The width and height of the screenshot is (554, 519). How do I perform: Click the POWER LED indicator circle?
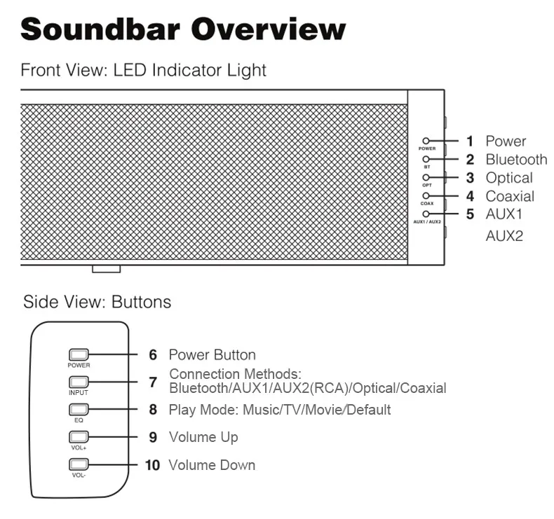[426, 141]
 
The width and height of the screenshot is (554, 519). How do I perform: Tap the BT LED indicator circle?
[426, 160]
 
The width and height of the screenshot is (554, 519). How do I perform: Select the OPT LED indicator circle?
[426, 178]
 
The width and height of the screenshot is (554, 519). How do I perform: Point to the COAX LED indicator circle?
[426, 196]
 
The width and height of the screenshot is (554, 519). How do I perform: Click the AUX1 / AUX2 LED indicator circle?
[426, 214]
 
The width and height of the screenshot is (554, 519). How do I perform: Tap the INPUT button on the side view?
[78, 382]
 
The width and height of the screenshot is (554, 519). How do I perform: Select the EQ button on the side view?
[78, 409]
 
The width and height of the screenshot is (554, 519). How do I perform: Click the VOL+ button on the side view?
[78, 437]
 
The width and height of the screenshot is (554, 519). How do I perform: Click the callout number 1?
[470, 141]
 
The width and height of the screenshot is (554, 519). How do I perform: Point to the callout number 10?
[152, 465]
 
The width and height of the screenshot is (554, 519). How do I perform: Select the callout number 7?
[153, 382]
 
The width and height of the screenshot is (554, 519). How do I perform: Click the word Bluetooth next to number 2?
[516, 160]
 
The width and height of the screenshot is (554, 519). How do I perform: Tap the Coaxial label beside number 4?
[510, 196]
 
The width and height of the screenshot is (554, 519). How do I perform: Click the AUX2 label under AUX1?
[504, 236]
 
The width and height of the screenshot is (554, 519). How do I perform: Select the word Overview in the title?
[269, 29]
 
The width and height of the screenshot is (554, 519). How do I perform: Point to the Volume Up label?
[203, 437]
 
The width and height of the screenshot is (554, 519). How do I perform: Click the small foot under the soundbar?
[106, 269]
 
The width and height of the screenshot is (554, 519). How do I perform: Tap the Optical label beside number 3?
[509, 178]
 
